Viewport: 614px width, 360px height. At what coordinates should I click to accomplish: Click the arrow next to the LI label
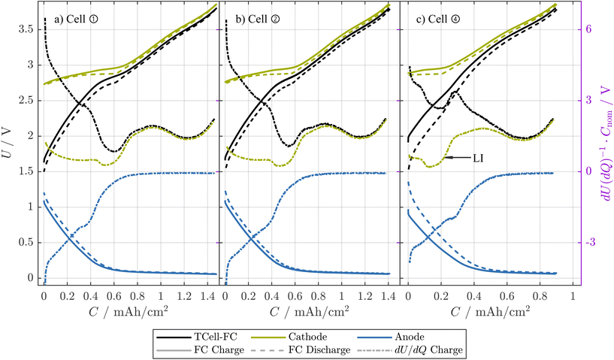(x=456, y=158)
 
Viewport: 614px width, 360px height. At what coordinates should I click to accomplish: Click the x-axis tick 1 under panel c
(x=573, y=295)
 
